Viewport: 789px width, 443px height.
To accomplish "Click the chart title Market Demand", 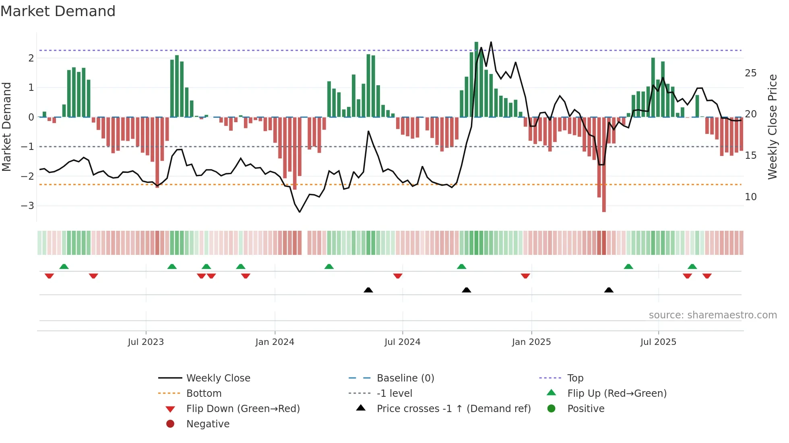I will pyautogui.click(x=58, y=11).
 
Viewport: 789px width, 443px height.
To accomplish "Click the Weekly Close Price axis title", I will pyautogui.click(x=772, y=127).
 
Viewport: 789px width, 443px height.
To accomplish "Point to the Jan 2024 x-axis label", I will pyautogui.click(x=275, y=342).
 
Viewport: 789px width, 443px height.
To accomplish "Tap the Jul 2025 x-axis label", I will pyautogui.click(x=658, y=342).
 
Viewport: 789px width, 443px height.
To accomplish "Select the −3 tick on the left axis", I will pyautogui.click(x=27, y=206).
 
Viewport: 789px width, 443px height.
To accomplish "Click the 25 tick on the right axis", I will pyautogui.click(x=750, y=73).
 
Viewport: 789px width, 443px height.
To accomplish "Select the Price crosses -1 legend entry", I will pyautogui.click(x=453, y=409).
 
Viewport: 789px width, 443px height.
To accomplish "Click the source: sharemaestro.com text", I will pyautogui.click(x=713, y=315).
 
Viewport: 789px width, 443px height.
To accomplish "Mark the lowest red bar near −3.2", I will pyautogui.click(x=604, y=209).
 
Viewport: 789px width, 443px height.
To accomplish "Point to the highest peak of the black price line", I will pyautogui.click(x=491, y=42).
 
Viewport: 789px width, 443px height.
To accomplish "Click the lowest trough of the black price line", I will pyautogui.click(x=299, y=212).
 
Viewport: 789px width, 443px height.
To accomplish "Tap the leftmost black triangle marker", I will pyautogui.click(x=368, y=290).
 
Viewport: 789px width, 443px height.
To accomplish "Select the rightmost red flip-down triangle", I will pyautogui.click(x=707, y=276).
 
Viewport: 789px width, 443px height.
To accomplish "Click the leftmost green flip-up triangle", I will pyautogui.click(x=64, y=266).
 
